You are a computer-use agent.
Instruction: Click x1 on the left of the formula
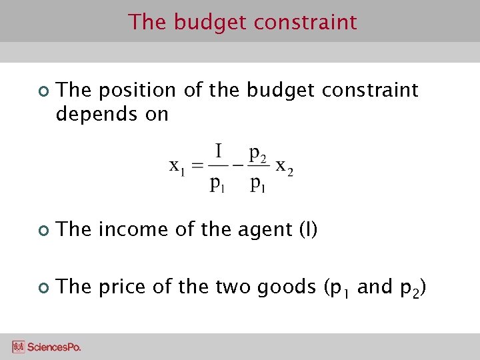click(178, 165)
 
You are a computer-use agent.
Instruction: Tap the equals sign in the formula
click(197, 167)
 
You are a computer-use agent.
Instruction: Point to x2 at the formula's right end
click(285, 167)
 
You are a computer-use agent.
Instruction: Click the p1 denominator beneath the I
click(218, 184)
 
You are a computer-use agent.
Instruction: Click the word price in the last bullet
click(122, 287)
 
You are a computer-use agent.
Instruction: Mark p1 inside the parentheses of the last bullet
click(340, 289)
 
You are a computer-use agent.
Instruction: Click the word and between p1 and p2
click(375, 287)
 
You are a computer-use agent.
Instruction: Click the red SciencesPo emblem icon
click(19, 347)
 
